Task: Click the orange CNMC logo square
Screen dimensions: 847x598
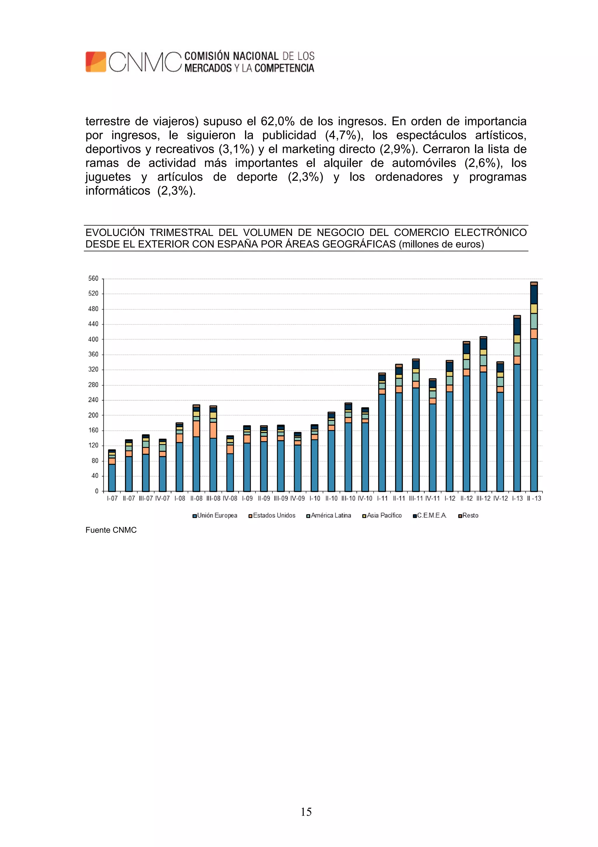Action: click(96, 62)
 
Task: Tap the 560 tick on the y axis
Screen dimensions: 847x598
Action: click(93, 279)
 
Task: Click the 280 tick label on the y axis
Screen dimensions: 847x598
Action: click(93, 385)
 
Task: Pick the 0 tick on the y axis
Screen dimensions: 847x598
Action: click(97, 491)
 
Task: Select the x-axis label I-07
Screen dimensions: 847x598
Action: click(112, 498)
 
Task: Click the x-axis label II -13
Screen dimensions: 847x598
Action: click(534, 498)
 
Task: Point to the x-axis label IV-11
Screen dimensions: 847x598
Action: click(432, 498)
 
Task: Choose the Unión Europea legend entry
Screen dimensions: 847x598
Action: click(215, 515)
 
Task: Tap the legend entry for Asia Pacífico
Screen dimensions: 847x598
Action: click(382, 515)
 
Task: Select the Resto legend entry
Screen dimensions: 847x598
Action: click(468, 515)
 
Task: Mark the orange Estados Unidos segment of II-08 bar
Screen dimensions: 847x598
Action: click(197, 429)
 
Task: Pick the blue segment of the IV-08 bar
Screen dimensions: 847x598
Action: click(230, 472)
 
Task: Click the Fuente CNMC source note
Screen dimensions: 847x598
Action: click(111, 530)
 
